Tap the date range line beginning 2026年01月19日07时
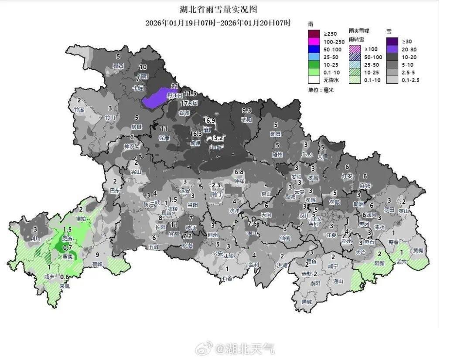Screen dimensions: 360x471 tap(218, 23)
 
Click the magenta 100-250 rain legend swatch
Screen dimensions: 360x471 tap(314, 41)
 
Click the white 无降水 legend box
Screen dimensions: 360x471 tap(314, 80)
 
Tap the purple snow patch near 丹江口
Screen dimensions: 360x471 tap(157, 98)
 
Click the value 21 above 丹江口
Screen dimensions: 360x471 tap(175, 86)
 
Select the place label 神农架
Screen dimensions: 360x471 tap(131, 146)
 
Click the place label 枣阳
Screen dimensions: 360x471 tap(246, 119)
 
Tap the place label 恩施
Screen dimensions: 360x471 tap(67, 239)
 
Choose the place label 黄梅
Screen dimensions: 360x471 tap(417, 251)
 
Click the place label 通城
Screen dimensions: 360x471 tap(307, 302)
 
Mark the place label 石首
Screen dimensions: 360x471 tap(227, 278)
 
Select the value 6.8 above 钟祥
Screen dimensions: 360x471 tap(239, 172)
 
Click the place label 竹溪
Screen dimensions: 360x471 tap(79, 110)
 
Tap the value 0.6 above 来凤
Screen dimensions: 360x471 tap(65, 277)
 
